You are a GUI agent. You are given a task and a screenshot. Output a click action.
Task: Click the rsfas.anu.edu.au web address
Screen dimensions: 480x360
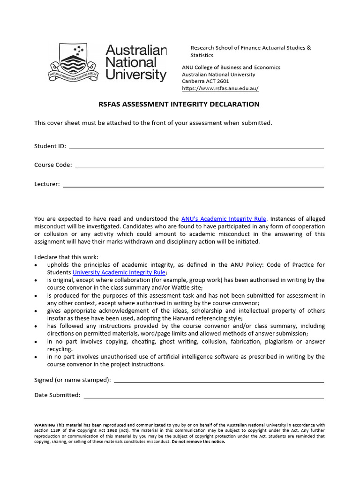click(x=220, y=89)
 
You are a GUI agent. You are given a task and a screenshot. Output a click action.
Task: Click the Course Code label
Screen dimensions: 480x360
click(x=53, y=165)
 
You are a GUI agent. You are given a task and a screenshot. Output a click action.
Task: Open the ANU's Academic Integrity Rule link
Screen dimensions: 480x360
click(x=224, y=219)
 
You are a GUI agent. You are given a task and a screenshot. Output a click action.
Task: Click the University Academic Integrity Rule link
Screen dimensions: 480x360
click(x=119, y=272)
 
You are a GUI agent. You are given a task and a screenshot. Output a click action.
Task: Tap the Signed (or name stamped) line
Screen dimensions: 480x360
click(x=218, y=382)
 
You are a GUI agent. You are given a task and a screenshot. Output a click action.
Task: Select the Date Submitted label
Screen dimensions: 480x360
click(x=57, y=395)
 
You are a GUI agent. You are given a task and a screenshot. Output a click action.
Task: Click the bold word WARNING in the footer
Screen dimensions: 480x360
click(x=45, y=425)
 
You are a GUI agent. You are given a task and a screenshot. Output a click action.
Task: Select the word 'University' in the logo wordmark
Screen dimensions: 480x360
click(x=136, y=75)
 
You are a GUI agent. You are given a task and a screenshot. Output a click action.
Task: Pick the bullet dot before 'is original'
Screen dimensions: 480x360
click(x=37, y=280)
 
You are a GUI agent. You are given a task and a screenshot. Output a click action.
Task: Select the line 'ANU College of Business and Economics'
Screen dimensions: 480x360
click(x=231, y=67)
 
